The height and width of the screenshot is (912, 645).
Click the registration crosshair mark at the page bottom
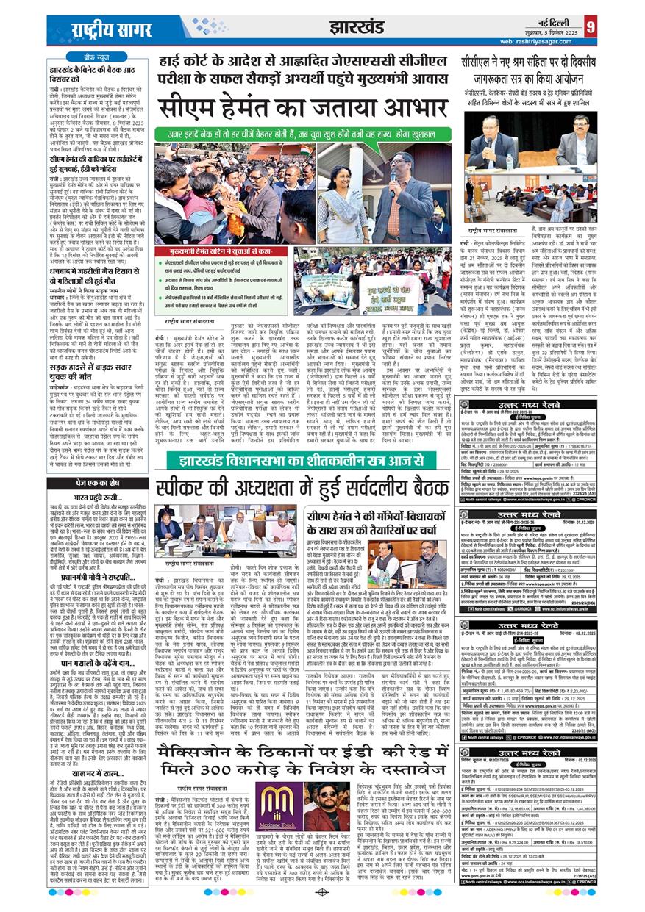[x=321, y=894]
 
